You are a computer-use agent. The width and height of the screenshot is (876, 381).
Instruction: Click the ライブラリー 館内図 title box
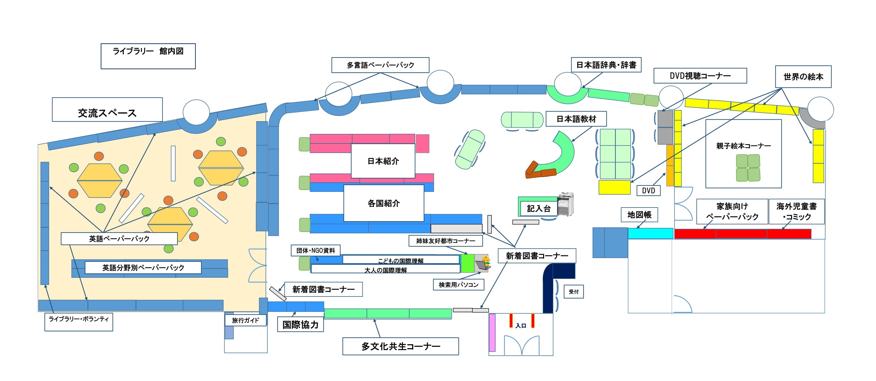click(148, 56)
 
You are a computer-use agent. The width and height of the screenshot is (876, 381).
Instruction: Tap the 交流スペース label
click(107, 110)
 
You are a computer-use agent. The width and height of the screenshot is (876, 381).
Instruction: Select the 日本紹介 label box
click(383, 161)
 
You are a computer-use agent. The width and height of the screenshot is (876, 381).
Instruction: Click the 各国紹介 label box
click(384, 203)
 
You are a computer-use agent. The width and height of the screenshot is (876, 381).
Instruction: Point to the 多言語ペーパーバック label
click(380, 65)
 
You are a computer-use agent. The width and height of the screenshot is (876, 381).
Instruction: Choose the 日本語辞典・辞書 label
click(606, 65)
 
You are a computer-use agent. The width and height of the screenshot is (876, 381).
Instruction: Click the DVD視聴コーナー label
click(700, 75)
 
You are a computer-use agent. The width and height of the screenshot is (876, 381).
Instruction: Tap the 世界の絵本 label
click(803, 77)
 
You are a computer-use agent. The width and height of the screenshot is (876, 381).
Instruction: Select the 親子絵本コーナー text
click(743, 146)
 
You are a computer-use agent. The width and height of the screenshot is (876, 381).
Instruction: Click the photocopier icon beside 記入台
click(565, 204)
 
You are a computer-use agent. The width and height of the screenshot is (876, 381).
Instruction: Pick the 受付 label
click(574, 292)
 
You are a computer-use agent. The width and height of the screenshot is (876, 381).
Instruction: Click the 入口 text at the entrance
click(521, 325)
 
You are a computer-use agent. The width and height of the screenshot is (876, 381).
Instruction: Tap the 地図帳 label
click(639, 214)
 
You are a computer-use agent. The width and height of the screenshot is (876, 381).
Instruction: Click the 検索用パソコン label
click(458, 285)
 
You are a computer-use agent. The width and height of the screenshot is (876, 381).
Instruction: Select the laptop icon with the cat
click(483, 264)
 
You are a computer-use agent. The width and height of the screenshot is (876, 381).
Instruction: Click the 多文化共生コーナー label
click(400, 346)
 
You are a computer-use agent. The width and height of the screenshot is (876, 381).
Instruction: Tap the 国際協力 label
click(300, 325)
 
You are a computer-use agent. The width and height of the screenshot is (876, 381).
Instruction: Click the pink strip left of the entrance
click(492, 332)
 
